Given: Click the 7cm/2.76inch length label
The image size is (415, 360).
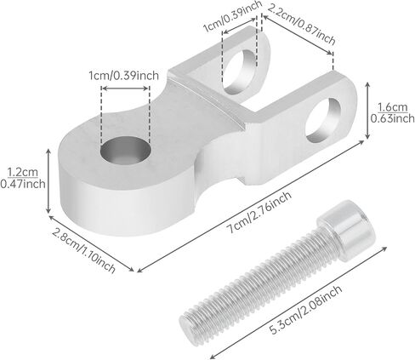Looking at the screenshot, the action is coord(260,212).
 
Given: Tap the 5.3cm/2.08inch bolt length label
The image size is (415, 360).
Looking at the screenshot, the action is coord(306,310).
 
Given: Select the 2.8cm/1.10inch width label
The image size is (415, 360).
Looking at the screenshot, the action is coord(84,250).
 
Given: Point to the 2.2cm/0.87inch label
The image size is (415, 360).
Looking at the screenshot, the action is coord(301,24).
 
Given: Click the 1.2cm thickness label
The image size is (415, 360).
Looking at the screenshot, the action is coord(23,172).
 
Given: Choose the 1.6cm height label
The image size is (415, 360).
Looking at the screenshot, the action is coord(393,107).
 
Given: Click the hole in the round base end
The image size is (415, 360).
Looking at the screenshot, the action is coord(126,151).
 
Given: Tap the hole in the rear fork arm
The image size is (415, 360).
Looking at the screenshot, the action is coord(240,72).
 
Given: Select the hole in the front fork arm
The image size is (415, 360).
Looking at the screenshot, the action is coord(323,120).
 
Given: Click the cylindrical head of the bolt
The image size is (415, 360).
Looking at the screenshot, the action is coord(346,229).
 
